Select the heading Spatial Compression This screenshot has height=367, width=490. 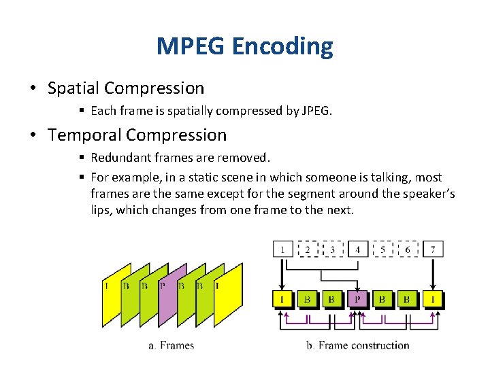coord(126,88)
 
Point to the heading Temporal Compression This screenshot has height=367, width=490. coord(137,135)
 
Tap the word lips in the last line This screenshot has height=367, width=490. coord(101,210)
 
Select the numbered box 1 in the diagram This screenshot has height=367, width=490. coord(282,249)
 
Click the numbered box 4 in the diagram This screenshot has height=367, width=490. coord(358,249)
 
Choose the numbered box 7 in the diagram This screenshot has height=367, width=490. coord(433,249)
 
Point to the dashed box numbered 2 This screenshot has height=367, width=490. coord(308,249)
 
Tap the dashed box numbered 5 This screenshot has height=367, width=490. coord(382,249)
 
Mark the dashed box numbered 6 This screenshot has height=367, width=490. coord(408,249)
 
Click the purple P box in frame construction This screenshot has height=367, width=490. coord(357,298)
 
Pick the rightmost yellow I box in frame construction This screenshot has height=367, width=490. coord(433,298)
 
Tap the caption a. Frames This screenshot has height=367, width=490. coord(171,345)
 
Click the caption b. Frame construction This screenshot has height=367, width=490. coord(358,345)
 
